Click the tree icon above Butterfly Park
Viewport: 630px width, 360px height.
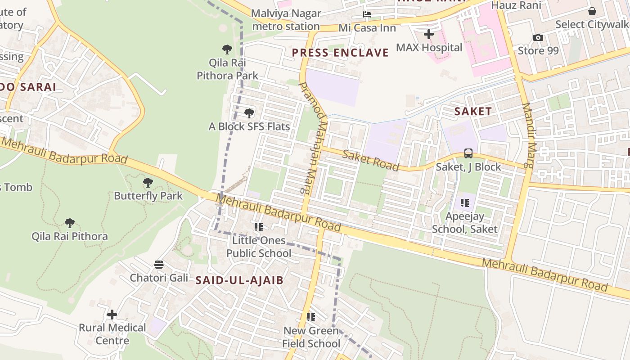point(148,183)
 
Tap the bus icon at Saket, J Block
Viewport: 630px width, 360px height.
point(468,153)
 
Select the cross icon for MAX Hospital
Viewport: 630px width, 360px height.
point(429,34)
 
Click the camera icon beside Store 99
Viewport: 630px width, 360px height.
point(538,37)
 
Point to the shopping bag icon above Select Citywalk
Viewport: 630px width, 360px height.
point(592,11)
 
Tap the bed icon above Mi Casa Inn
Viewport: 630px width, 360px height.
point(367,14)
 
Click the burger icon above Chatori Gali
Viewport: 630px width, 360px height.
point(158,264)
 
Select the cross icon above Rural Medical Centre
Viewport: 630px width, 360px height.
point(112,314)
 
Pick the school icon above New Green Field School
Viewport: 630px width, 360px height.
point(310,317)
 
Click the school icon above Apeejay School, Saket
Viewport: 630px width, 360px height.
point(464,203)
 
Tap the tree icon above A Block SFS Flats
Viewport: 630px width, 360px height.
point(249,113)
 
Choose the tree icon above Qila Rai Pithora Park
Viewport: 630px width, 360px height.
point(227,49)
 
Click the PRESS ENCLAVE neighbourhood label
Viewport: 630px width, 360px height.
point(340,53)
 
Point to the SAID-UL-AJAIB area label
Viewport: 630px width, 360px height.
point(239,280)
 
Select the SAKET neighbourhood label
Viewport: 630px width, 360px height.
point(472,111)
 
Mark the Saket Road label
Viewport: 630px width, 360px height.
point(370,161)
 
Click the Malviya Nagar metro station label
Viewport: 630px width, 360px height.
point(286,20)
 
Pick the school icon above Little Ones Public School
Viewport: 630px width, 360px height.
point(258,227)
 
